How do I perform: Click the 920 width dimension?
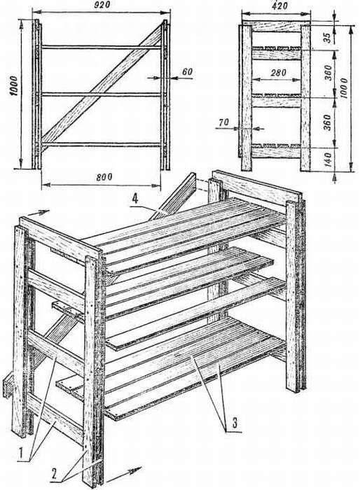point(102,5)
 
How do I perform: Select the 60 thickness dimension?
point(187,72)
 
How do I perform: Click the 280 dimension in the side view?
point(278,73)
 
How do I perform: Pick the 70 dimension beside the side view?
point(224,122)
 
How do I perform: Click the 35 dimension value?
point(326,37)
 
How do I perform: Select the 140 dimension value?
point(328,159)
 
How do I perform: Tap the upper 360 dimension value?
point(328,73)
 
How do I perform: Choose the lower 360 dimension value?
point(328,122)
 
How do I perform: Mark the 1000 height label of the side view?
point(345,88)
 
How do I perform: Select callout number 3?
point(234,423)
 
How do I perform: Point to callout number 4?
point(134,200)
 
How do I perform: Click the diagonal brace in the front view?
point(102,83)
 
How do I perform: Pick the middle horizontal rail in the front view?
point(102,94)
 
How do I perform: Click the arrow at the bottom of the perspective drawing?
point(124,472)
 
